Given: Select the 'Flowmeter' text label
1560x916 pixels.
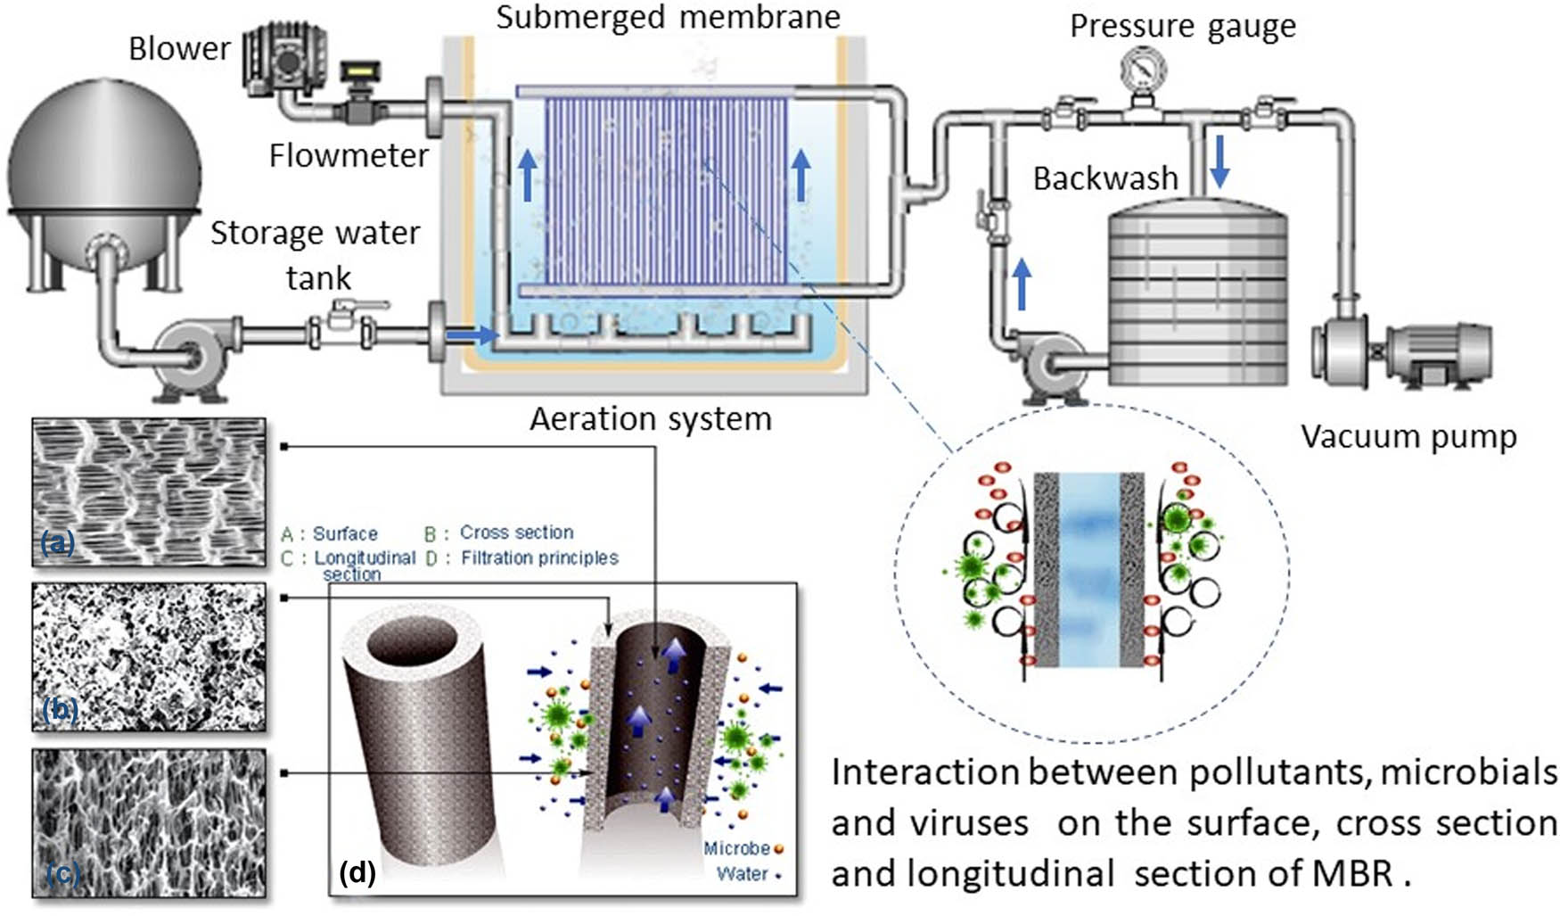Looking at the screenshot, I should pyautogui.click(x=349, y=156).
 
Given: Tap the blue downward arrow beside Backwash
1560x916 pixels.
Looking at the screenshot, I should pyautogui.click(x=1219, y=160).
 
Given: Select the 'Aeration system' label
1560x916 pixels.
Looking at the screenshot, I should pyautogui.click(x=651, y=418).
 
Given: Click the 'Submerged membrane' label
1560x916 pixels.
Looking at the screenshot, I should pyautogui.click(x=668, y=17).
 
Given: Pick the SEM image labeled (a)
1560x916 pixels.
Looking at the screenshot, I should pyautogui.click(x=149, y=491).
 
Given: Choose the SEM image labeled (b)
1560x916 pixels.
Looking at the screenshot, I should pyautogui.click(x=149, y=657).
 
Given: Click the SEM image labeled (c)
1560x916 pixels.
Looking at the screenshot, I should pyautogui.click(x=149, y=822).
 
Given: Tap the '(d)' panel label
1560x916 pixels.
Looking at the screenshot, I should pyautogui.click(x=357, y=872).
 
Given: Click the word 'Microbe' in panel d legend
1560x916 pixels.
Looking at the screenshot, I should pyautogui.click(x=735, y=848).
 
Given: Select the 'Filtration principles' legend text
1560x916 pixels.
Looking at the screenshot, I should pyautogui.click(x=539, y=557).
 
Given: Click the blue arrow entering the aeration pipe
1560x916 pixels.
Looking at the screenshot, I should pyautogui.click(x=470, y=335).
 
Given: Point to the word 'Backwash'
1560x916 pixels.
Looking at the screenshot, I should pyautogui.click(x=1105, y=178).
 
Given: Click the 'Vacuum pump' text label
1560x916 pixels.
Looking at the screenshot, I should pyautogui.click(x=1408, y=436).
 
